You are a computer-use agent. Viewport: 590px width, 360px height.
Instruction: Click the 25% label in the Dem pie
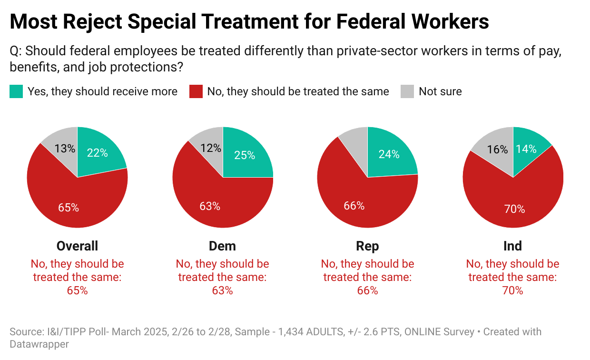coord(245,155)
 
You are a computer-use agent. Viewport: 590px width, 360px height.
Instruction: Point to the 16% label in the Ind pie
coord(497,150)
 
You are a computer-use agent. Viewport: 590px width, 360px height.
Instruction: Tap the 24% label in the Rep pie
coord(389,154)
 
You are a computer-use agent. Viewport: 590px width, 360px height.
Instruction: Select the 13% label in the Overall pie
coord(65,149)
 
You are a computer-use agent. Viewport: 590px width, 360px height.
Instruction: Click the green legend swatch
coord(16,91)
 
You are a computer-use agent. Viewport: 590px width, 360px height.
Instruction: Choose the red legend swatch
coord(196,91)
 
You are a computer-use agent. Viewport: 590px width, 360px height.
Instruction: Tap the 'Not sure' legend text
coord(440,91)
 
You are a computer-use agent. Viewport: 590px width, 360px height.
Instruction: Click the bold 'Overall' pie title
coord(77,246)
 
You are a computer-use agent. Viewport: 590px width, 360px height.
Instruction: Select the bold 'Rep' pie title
coord(367,246)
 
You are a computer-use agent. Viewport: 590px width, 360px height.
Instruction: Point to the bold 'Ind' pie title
coord(512,246)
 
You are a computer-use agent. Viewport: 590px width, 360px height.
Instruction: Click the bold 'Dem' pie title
coord(222,246)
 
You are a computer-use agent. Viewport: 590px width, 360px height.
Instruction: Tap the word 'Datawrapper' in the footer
coord(39,344)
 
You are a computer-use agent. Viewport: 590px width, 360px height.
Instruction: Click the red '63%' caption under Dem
coord(222,290)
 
